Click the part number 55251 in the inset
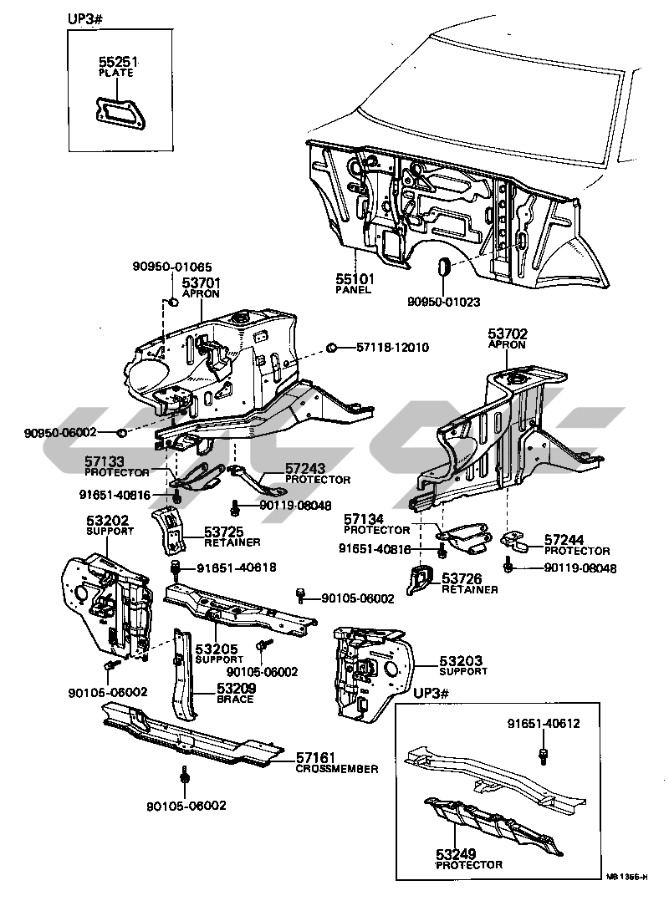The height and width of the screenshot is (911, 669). pyautogui.click(x=115, y=62)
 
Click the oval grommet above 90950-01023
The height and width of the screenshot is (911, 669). pyautogui.click(x=444, y=267)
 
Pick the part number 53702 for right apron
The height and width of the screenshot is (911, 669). pyautogui.click(x=508, y=333)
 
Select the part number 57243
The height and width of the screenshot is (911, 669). pyautogui.click(x=305, y=469)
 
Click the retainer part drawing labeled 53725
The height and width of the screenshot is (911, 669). pyautogui.click(x=170, y=529)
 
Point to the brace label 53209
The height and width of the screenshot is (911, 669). pyautogui.click(x=236, y=689)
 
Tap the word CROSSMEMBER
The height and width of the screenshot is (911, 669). pyautogui.click(x=336, y=769)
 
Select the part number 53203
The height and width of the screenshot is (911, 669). pyautogui.click(x=463, y=661)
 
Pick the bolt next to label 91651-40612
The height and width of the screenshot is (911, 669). pyautogui.click(x=544, y=755)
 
